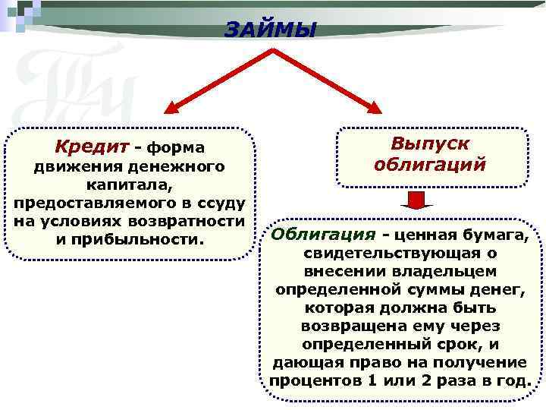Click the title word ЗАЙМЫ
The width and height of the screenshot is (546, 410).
coord(270,29)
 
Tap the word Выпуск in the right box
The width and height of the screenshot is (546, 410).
coord(430,143)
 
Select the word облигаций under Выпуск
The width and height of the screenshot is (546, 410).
coord(430,164)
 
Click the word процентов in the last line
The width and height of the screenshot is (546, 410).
coord(309,380)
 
